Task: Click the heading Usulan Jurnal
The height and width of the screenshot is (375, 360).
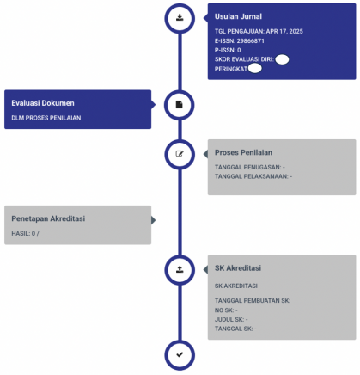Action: (238, 16)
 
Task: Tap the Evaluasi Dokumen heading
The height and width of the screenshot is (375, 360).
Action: (43, 103)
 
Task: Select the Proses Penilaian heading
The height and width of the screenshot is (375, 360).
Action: (243, 152)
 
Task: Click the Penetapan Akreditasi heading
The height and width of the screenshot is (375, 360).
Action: (48, 218)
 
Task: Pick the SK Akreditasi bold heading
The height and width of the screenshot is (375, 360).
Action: (238, 268)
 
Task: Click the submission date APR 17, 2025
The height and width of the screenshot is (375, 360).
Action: (284, 31)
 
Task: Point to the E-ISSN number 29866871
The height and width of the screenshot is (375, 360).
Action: (250, 41)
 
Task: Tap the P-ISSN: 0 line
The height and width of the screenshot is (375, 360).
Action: (228, 50)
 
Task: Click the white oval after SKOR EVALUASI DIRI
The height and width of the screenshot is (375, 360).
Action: (282, 59)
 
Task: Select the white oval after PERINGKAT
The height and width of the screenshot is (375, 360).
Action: (254, 69)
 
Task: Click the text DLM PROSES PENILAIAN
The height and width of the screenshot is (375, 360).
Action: (46, 118)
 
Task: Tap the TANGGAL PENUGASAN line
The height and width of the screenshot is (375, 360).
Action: (250, 167)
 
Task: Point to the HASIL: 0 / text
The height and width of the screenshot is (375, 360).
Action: (25, 234)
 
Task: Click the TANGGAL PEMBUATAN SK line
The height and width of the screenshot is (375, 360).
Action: (253, 301)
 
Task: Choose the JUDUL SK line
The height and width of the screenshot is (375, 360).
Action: (231, 319)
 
